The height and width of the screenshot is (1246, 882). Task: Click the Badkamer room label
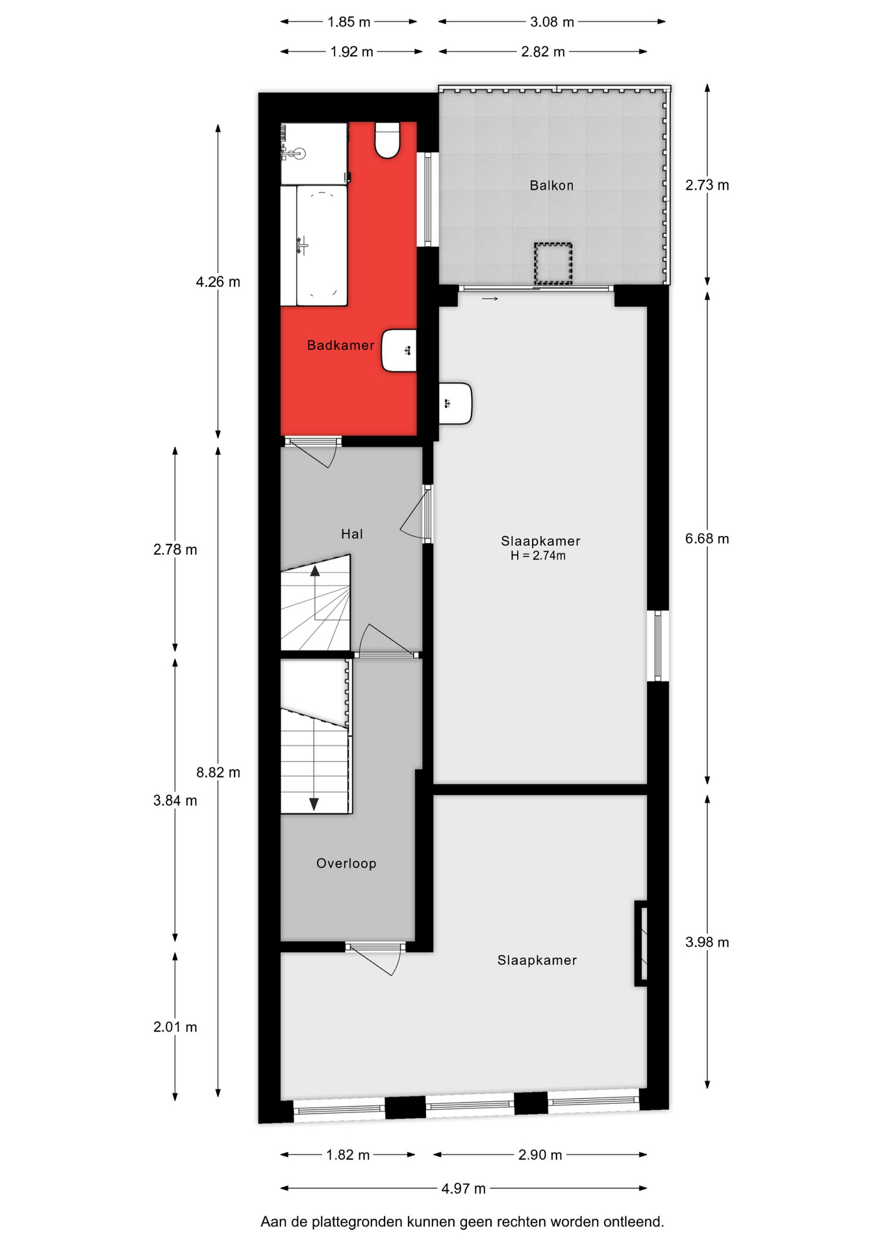click(340, 345)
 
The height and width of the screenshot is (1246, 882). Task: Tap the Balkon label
click(551, 186)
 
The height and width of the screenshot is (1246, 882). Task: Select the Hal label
click(352, 534)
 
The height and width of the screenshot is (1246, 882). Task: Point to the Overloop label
click(346, 863)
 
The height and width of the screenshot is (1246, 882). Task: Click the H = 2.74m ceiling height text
click(538, 556)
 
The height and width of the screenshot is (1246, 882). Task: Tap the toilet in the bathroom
click(387, 140)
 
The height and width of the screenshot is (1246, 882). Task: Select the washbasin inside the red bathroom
click(399, 350)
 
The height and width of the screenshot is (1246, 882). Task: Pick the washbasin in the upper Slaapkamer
click(455, 404)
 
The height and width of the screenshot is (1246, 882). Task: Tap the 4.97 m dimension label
click(464, 1188)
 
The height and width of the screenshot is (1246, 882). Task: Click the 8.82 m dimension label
click(218, 772)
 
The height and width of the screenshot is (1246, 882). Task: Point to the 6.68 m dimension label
click(707, 539)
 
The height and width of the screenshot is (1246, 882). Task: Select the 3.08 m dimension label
click(552, 22)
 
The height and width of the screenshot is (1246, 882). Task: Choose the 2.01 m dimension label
click(175, 1027)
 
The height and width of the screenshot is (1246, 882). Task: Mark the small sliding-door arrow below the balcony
click(490, 299)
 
